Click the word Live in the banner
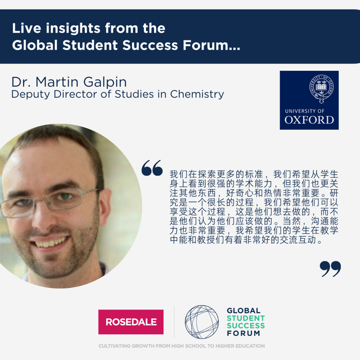26,28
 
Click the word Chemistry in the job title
197,94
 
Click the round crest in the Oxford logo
321,88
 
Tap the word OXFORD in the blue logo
309,120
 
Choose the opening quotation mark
152,168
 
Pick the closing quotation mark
330,269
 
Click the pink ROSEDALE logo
131,322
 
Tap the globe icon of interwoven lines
202,322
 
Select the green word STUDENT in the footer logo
246,318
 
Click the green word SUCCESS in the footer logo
246,326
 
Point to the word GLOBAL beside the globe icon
244,310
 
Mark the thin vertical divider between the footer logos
174,322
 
